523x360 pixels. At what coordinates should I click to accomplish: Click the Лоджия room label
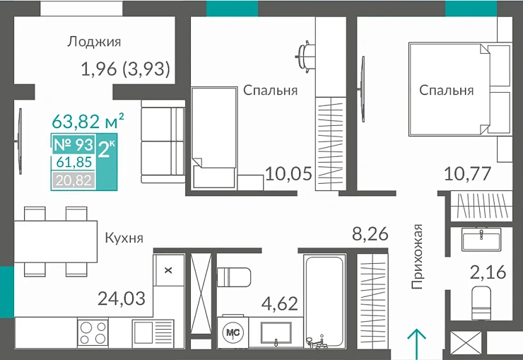(x=94, y=42)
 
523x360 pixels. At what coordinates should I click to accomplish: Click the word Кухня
(x=124, y=238)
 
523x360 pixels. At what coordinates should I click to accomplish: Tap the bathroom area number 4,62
(x=279, y=305)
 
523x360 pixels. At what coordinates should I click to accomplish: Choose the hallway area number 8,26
(x=370, y=234)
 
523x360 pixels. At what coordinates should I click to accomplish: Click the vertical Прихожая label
(x=418, y=256)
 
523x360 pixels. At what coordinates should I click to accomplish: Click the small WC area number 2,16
(x=488, y=272)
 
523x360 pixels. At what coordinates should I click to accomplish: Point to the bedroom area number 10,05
(x=288, y=173)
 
